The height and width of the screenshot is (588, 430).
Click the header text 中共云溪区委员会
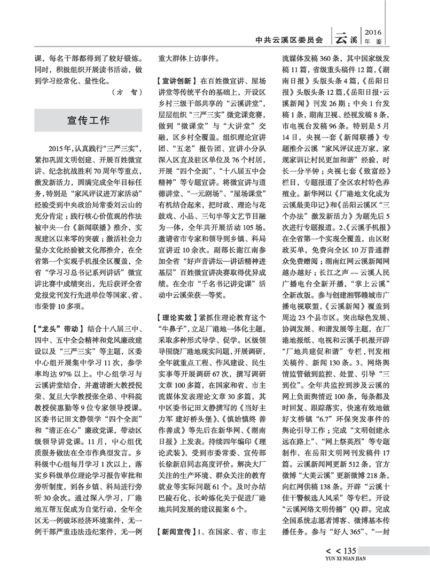(x=290, y=39)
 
